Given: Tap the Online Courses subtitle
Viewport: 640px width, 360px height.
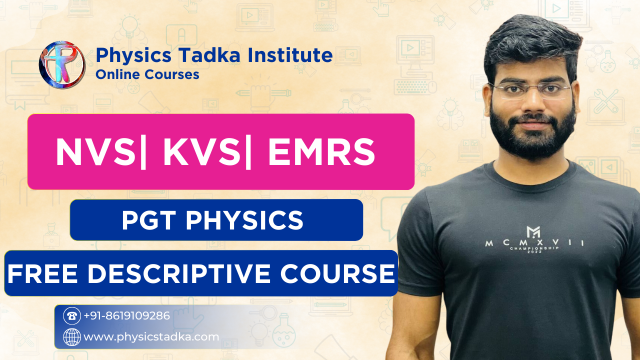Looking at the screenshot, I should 147,74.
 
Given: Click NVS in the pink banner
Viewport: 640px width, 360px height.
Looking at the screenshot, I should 95,152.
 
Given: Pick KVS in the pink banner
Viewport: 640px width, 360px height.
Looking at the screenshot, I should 202,152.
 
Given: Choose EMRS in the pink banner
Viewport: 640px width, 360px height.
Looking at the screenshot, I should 321,152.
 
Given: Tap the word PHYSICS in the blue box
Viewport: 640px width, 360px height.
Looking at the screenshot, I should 244,220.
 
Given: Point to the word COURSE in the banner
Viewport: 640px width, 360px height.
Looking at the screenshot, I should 337,274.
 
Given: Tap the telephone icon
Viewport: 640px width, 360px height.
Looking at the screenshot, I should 72,316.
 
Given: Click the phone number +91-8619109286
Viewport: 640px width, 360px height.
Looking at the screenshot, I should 126,316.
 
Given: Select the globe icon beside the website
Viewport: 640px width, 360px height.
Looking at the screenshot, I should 72,337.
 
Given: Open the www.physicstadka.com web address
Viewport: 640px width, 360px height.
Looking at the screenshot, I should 151,337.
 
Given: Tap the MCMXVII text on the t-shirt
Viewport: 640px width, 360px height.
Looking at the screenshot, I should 534,244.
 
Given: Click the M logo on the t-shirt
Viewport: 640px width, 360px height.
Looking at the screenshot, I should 533,231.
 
